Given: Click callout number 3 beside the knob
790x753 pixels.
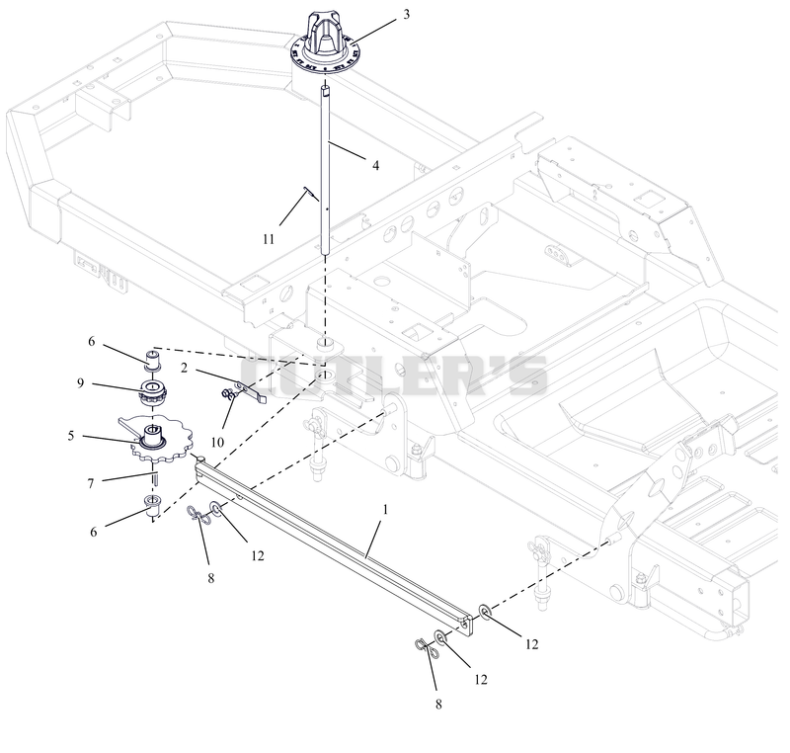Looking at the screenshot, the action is pos(406,15).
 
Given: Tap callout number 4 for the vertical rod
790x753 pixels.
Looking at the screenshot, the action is pos(375,165).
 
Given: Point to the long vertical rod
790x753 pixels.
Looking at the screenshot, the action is pos(326,170).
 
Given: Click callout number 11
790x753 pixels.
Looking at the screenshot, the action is pos(269,239).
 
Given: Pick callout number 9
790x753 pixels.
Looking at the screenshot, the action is pos(81,383).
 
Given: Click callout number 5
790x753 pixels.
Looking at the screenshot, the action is pos(71,436).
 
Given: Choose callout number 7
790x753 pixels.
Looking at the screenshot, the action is pos(91,484).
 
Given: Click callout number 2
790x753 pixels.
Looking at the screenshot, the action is pos(184,369).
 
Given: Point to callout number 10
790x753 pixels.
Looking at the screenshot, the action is pos(217,443).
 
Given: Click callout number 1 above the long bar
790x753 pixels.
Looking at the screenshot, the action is pos(385,510).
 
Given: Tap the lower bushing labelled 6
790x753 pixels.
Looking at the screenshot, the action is pos(153,506).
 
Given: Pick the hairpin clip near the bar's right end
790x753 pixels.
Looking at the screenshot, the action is pos(428,647).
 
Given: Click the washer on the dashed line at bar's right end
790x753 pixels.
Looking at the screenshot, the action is pos(485,612).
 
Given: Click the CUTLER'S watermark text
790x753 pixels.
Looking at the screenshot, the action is pos(393,376).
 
